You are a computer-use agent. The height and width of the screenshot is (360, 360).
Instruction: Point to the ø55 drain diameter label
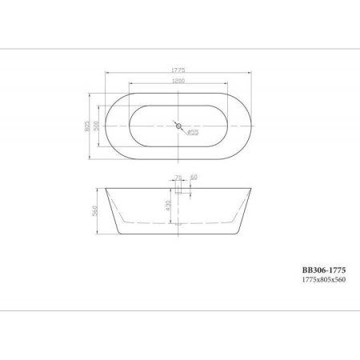tap(193, 133)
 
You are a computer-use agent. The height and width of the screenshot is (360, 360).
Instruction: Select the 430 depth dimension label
tap(170, 206)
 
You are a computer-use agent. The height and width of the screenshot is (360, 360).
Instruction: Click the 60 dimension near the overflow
tap(194, 177)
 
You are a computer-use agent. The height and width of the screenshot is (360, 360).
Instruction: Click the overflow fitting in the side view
tap(178, 190)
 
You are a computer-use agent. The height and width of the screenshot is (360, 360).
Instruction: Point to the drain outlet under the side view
tap(178, 231)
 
